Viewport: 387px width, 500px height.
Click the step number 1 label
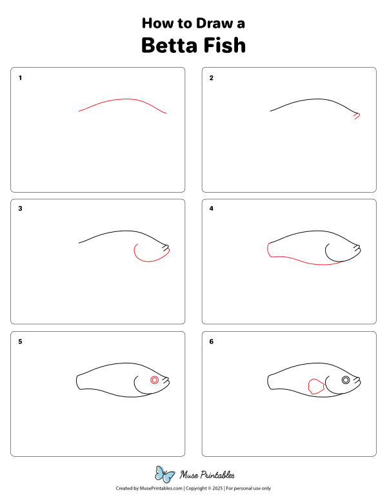(x=21, y=78)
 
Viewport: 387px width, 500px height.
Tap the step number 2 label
(x=211, y=78)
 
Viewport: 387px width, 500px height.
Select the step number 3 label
(x=21, y=209)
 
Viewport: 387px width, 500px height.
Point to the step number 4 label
(x=211, y=209)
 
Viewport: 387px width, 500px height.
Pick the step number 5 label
(x=21, y=341)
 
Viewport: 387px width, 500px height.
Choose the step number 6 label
(x=211, y=341)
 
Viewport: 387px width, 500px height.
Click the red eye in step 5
(x=154, y=380)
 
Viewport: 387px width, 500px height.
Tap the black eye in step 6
(x=346, y=380)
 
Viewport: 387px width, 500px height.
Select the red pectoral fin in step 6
(x=316, y=386)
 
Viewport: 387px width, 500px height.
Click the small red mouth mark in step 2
(x=357, y=116)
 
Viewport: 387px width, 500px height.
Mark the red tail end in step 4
(x=268, y=251)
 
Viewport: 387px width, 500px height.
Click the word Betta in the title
(x=172, y=46)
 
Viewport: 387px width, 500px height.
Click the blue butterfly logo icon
(x=165, y=475)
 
